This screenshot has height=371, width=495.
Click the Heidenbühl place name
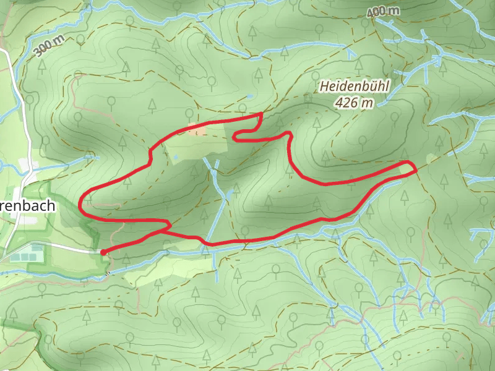coord(354,87)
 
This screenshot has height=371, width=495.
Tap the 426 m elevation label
coord(355,103)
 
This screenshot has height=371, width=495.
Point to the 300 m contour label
coord(49,45)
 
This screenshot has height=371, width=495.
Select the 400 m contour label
coord(383,12)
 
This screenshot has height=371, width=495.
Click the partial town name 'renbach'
coord(28,206)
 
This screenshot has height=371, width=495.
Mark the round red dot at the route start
coord(102,252)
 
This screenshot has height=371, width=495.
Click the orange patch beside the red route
coord(198,130)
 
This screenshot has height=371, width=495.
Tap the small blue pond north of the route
coord(249,97)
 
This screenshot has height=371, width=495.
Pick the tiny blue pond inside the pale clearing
coord(176,158)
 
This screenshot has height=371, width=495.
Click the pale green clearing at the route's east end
coord(407,168)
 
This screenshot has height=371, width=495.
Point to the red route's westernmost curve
coord(82,203)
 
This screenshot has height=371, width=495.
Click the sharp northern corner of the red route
coord(262,114)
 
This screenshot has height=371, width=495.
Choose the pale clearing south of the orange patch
coord(198,146)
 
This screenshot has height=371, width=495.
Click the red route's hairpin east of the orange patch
coord(235,137)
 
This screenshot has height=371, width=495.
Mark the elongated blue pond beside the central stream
coord(230,195)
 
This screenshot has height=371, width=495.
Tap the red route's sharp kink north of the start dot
coord(169,224)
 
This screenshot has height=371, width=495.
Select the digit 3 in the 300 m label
coord(39,52)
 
